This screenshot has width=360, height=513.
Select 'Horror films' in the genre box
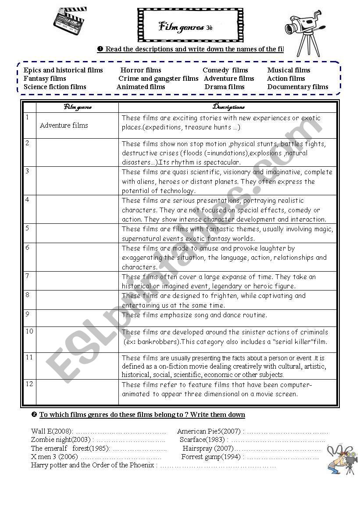coord(141,70)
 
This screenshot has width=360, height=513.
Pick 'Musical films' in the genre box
coord(289,70)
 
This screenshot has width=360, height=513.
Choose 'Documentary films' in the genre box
coord(298,87)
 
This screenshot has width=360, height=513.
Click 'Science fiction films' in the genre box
coord(55,87)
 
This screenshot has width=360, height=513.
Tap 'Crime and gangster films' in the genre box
coord(158,79)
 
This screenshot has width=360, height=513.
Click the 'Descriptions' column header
coord(228,107)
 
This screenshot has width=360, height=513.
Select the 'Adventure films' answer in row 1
coord(64,126)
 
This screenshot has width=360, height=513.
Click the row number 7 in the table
coord(27,276)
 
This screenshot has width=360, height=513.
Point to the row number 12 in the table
coord(29,384)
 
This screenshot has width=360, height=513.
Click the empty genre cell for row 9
coord(77,318)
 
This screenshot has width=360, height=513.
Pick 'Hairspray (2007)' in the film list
coord(208,448)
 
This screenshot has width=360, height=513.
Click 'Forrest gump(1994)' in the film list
coord(211,457)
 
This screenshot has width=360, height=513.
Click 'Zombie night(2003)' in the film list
coord(61,440)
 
